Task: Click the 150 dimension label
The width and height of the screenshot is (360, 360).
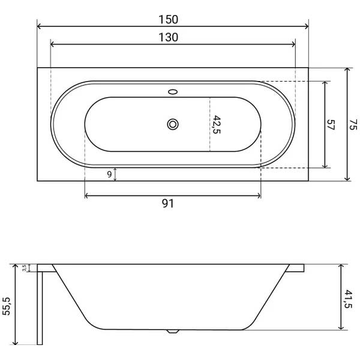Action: [168, 20]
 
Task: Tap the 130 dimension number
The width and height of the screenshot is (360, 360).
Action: [168, 37]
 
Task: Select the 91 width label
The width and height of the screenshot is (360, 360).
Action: [168, 203]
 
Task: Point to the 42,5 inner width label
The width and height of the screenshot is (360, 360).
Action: [217, 125]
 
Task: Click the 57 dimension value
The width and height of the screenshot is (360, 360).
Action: [331, 125]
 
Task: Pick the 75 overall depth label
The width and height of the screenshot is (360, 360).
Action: [353, 125]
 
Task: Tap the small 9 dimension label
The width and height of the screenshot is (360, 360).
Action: [110, 175]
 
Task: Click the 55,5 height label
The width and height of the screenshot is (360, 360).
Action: [7, 306]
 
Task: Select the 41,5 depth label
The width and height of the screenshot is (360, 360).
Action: [348, 299]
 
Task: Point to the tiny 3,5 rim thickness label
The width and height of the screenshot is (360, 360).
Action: [25, 268]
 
